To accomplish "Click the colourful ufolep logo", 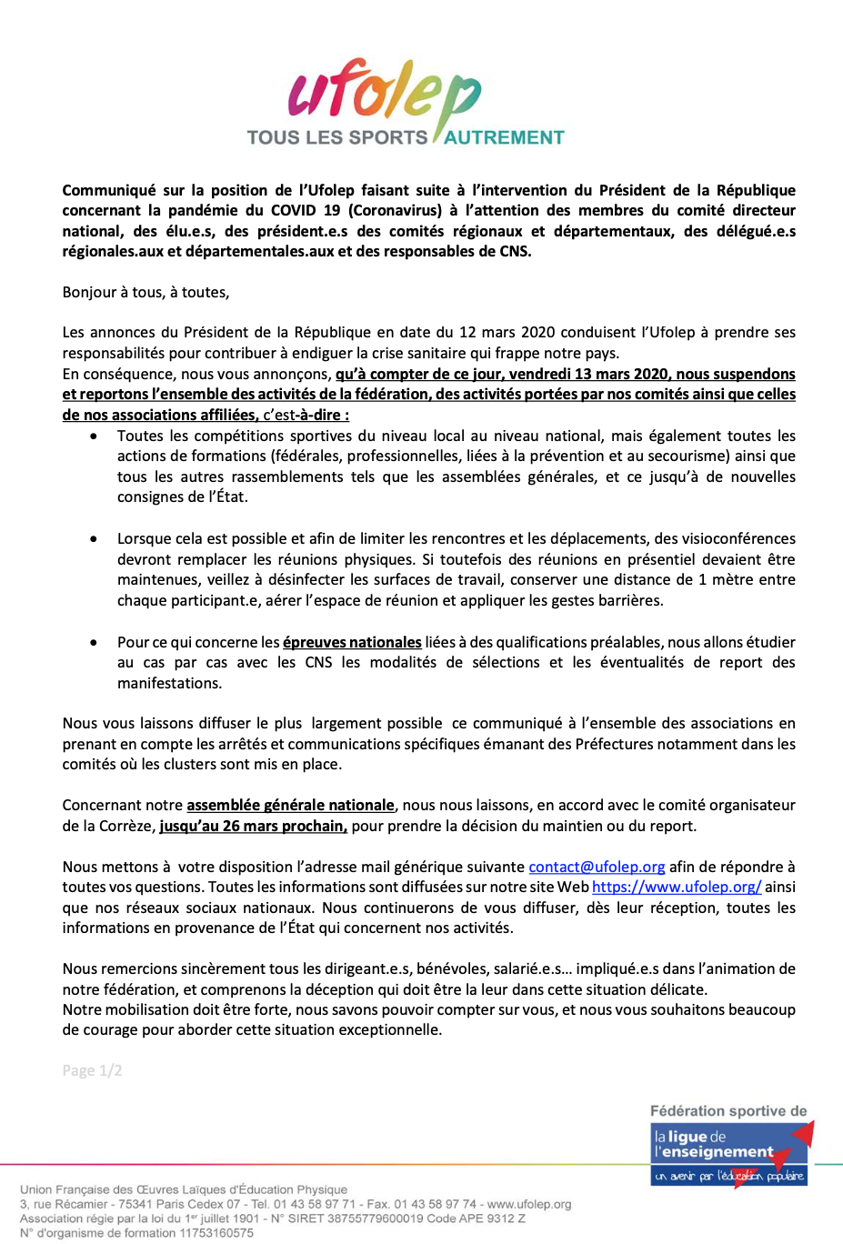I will click(x=384, y=93).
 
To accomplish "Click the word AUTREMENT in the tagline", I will click(x=504, y=138).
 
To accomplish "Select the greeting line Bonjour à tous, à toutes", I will click(x=146, y=292).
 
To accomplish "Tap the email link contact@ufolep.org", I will click(x=597, y=867).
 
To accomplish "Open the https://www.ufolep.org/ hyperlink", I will click(x=676, y=887).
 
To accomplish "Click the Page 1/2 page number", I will click(x=92, y=1070).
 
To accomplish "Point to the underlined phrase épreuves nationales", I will click(x=352, y=642).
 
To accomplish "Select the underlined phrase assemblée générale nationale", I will click(x=290, y=805).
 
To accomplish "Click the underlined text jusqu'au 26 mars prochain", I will click(x=253, y=826).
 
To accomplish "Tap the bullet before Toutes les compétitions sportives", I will click(x=94, y=436).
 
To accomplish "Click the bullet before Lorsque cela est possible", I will click(x=94, y=539).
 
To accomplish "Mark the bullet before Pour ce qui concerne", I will click(x=94, y=642).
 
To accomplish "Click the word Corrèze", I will click(x=125, y=826).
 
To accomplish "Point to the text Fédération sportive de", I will click(x=728, y=1111).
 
